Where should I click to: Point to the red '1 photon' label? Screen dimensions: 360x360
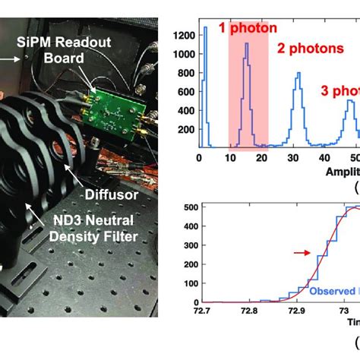(x=242, y=28)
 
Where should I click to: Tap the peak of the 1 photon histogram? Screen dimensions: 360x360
(x=247, y=44)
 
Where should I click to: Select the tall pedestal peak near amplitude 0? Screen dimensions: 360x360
(x=204, y=27)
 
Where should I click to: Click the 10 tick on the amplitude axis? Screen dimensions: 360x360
(x=229, y=158)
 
